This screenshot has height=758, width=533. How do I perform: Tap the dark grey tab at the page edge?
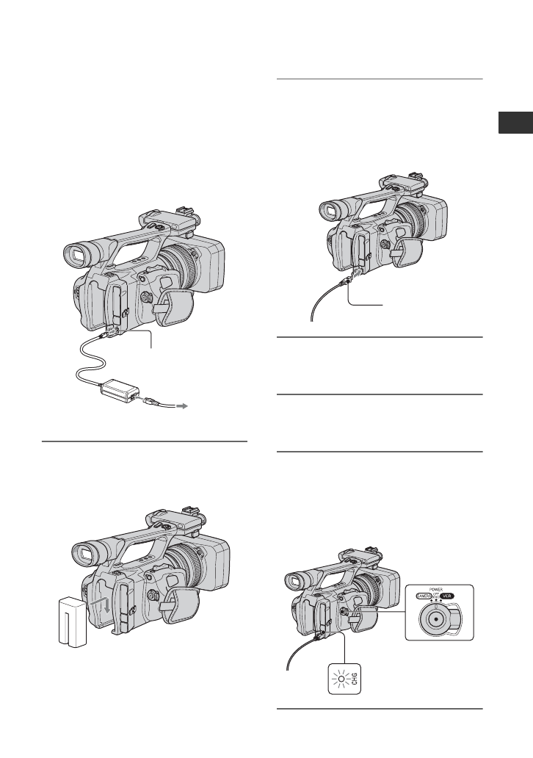point(515,123)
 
